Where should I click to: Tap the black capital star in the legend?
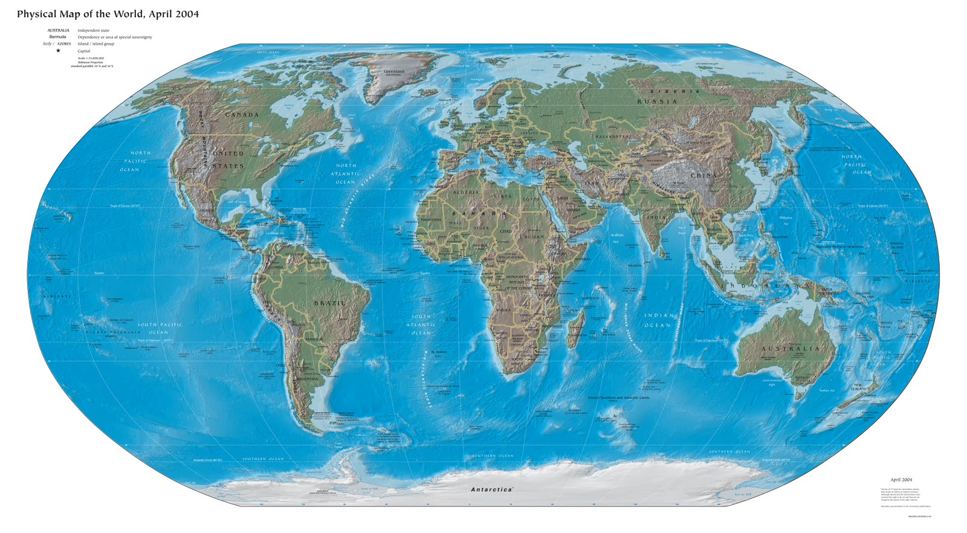58,51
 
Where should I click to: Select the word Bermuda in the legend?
58,37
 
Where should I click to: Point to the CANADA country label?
242,114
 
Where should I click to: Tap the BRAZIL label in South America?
329,303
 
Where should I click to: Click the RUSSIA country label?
657,102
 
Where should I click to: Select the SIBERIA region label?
674,91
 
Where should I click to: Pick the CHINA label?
703,176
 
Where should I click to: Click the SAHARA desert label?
483,214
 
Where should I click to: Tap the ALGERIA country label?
466,193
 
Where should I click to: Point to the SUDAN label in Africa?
534,237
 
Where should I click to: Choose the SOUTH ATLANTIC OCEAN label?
421,325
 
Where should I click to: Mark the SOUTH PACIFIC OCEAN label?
160,328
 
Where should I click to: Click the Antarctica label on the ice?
491,489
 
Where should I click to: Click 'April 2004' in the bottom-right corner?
901,480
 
